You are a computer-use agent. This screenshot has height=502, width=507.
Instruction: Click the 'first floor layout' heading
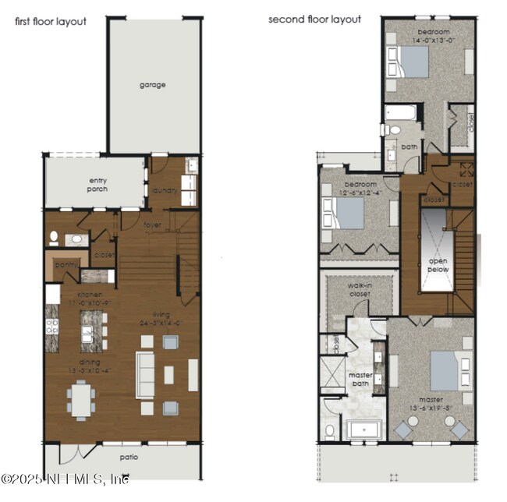[51, 22]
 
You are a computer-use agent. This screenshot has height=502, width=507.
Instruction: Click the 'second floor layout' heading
[314, 19]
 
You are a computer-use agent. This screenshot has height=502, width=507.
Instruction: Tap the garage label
[153, 85]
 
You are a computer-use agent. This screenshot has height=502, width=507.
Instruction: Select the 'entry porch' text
[97, 185]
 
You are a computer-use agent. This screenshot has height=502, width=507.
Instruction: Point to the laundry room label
[165, 189]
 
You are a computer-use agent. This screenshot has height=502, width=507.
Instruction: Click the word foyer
[152, 225]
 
